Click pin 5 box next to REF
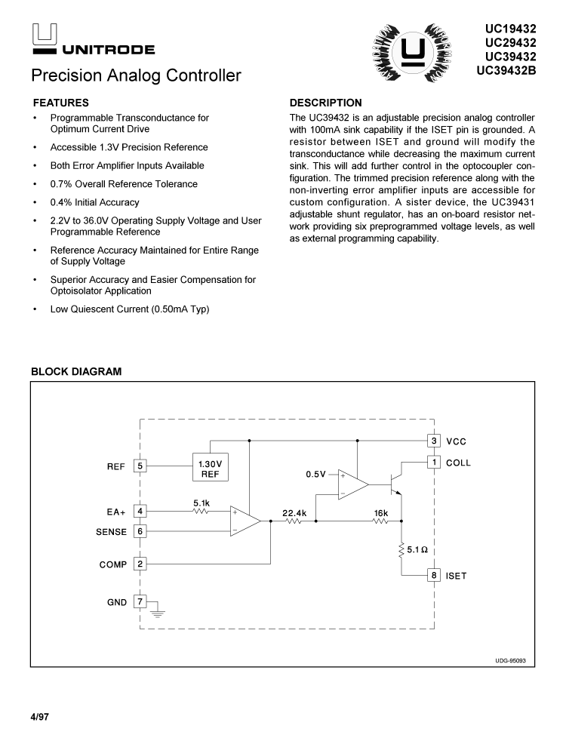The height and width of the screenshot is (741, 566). [x=140, y=466]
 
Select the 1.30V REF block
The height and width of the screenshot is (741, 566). [x=210, y=469]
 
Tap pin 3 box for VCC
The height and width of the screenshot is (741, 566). [x=434, y=441]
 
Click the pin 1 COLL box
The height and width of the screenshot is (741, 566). [x=434, y=462]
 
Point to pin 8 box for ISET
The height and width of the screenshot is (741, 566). [x=434, y=576]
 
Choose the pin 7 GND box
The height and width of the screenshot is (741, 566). [x=140, y=601]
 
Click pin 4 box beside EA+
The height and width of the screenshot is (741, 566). [x=140, y=511]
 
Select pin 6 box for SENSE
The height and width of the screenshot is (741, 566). [x=140, y=531]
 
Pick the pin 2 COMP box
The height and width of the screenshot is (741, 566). [x=140, y=564]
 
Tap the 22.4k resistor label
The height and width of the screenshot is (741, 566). [x=294, y=513]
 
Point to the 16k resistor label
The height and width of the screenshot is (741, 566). [x=381, y=513]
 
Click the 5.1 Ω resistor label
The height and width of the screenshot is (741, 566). [x=418, y=550]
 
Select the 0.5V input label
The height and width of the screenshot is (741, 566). [x=315, y=475]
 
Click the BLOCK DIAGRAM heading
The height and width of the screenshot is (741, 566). [x=75, y=372]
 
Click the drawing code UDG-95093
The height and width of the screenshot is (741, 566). [x=510, y=660]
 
